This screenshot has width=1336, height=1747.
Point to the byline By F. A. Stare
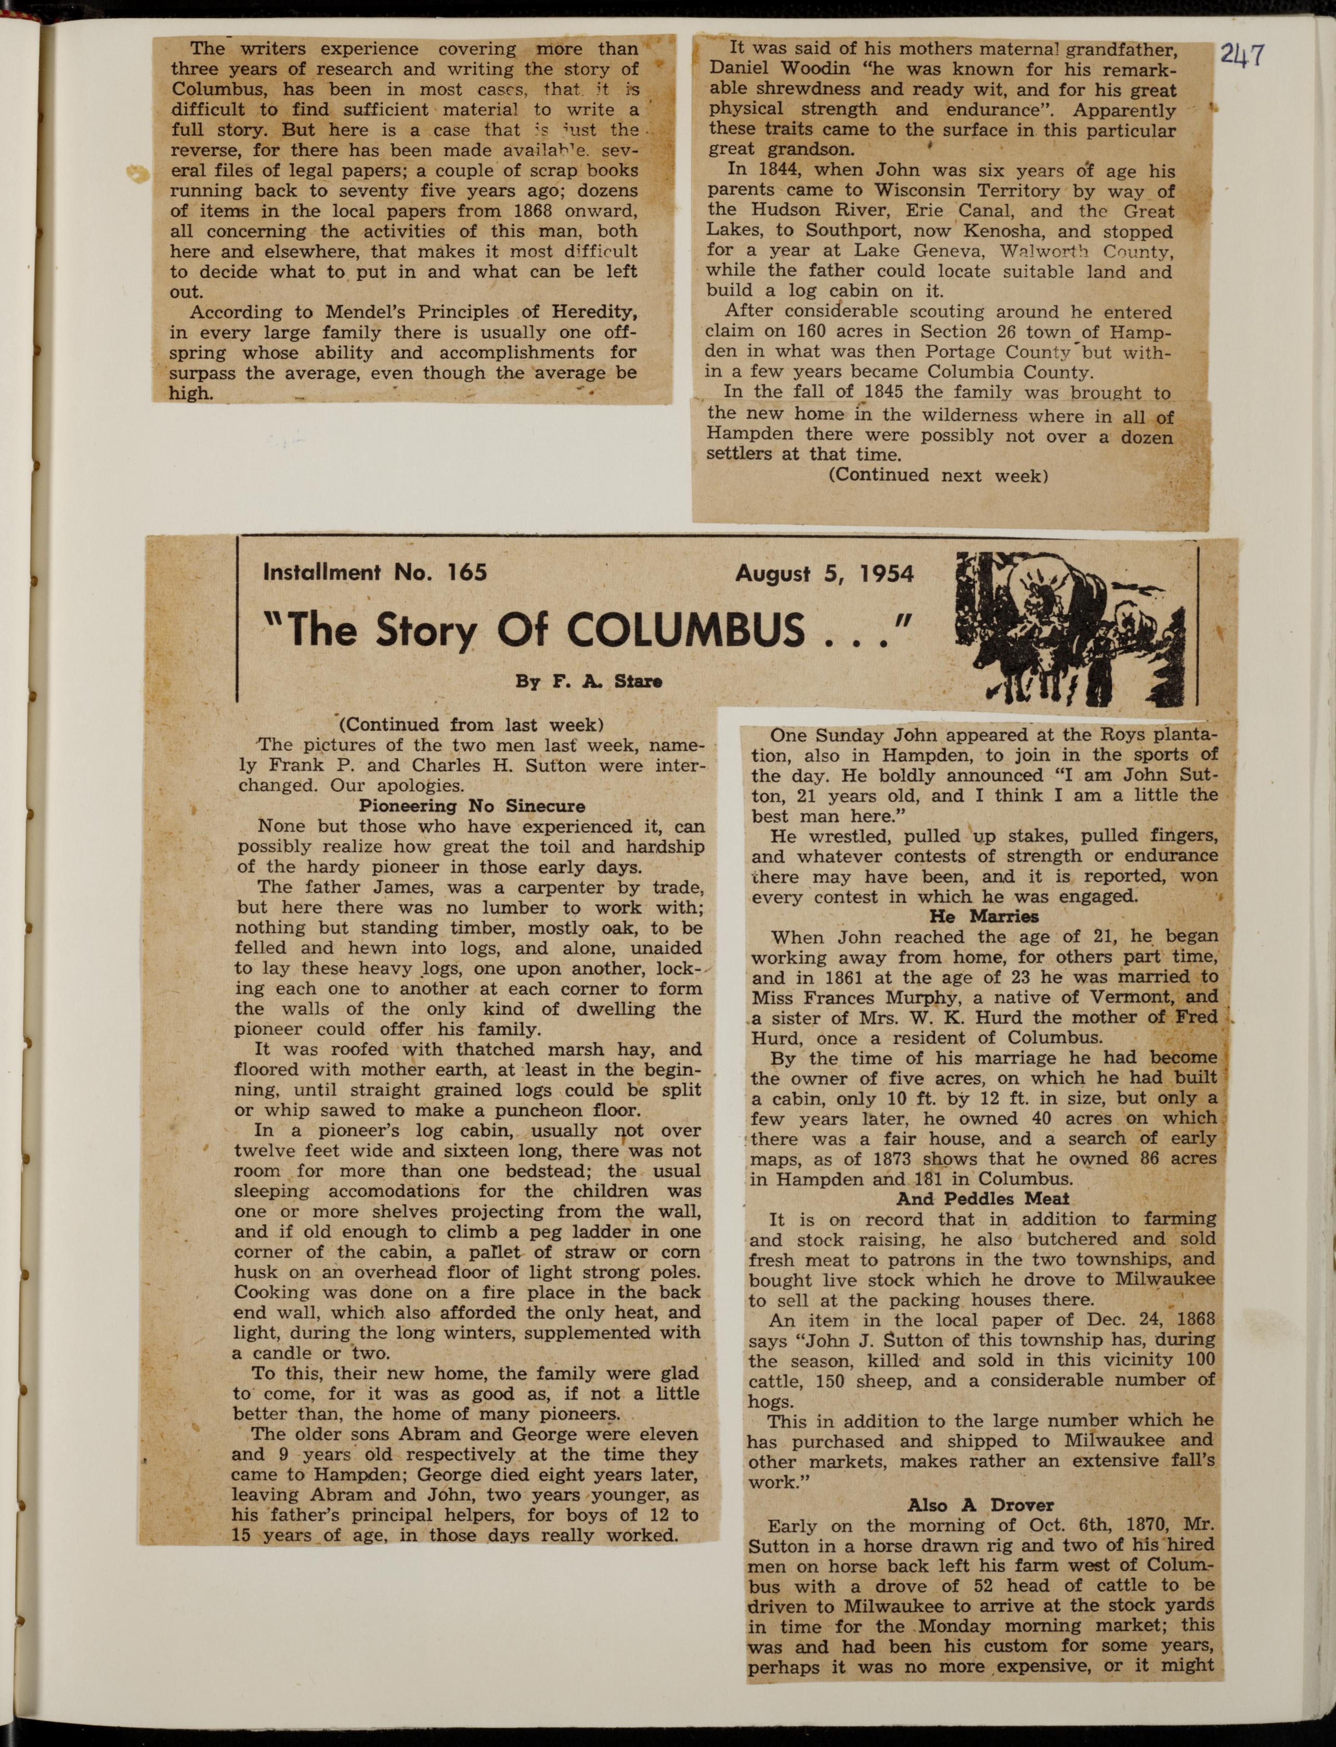pos(589,682)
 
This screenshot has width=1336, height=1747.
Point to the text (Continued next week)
pos(938,476)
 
